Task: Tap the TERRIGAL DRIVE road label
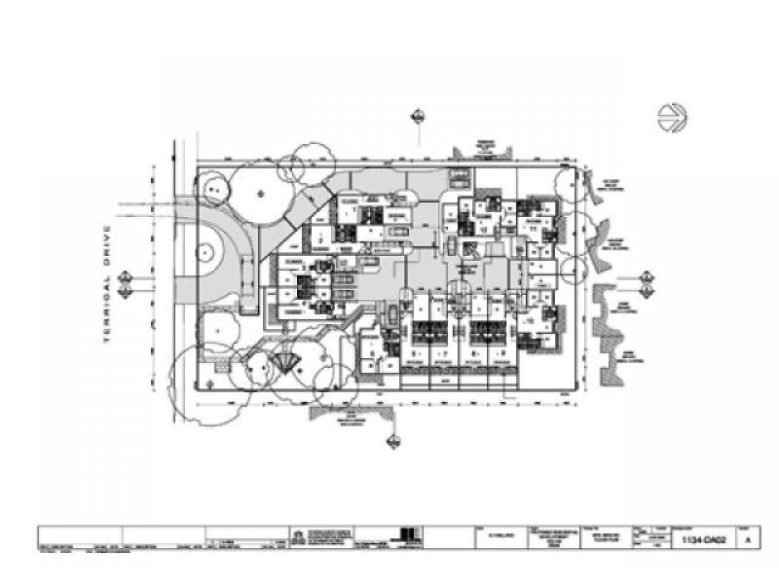(108, 283)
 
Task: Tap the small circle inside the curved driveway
(205, 252)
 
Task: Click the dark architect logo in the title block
(409, 536)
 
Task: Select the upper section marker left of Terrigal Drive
(125, 277)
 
